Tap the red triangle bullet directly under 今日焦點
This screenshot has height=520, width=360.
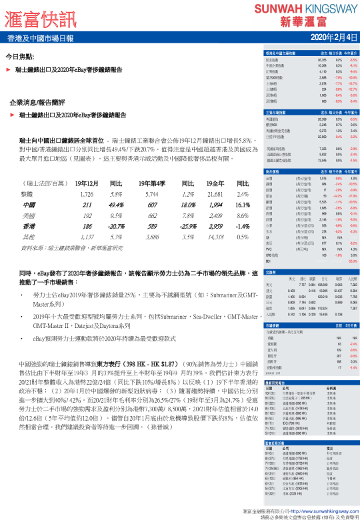coord(8,69)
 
